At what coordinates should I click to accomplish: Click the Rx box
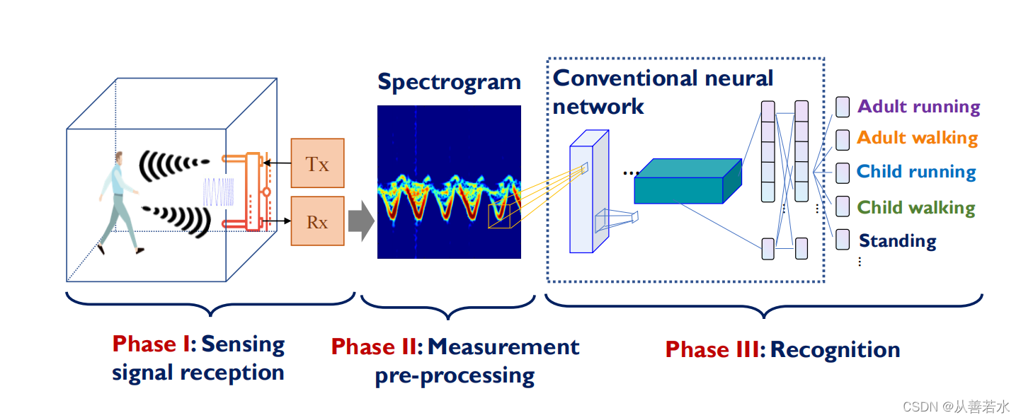[317, 222]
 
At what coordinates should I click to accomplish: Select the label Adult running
[918, 107]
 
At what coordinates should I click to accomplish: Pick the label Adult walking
[917, 138]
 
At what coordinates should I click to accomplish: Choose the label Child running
[916, 172]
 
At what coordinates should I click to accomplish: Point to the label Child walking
[916, 207]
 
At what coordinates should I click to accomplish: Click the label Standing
[897, 240]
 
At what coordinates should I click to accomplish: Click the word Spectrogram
[449, 82]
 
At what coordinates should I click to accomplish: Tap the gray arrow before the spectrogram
[361, 221]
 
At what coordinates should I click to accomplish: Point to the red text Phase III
[712, 349]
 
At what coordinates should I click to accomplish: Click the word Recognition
[835, 349]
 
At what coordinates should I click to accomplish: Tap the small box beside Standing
[842, 240]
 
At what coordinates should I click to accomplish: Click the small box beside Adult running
[842, 107]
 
